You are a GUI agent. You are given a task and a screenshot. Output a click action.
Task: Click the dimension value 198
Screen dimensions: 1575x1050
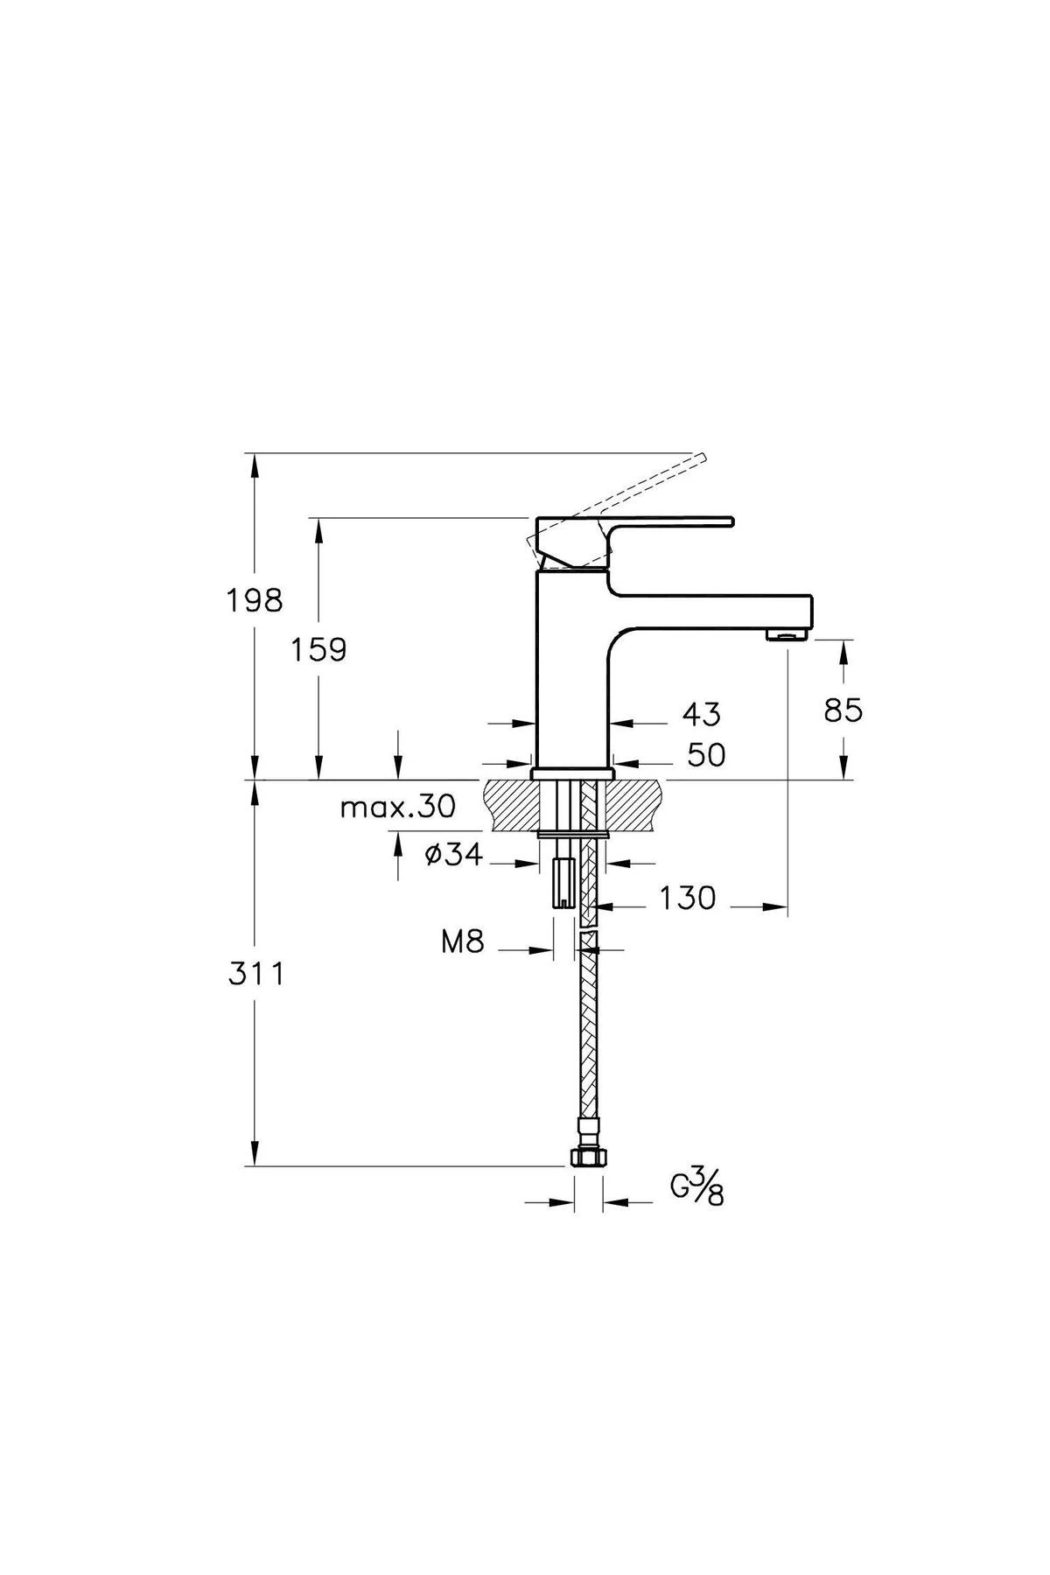click(255, 600)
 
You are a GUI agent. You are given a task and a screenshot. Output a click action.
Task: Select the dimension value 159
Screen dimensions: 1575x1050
click(318, 649)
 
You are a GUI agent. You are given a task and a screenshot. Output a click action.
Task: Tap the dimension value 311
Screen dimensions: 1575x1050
click(256, 973)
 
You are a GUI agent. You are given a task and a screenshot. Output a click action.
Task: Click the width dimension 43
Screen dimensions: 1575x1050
click(701, 714)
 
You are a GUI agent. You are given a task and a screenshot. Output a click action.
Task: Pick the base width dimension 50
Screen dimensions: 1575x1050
click(705, 754)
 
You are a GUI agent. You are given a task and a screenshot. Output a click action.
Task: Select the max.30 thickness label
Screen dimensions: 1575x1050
click(398, 807)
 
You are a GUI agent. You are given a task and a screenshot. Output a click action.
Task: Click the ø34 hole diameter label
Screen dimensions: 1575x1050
click(453, 855)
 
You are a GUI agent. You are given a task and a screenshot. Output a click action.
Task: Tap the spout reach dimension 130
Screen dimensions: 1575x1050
click(687, 898)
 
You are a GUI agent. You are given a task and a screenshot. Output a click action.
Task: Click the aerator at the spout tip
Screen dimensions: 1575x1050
click(787, 634)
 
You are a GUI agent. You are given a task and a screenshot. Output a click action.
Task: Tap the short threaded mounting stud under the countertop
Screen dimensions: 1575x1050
click(564, 884)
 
